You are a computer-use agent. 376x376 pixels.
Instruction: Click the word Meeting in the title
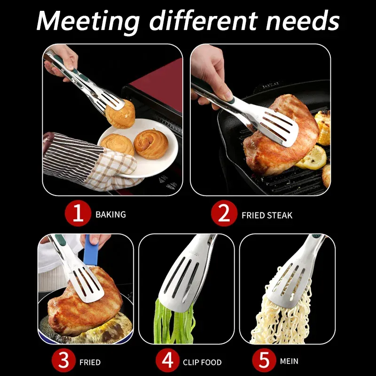(88, 22)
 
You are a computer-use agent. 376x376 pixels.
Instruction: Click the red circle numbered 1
(78, 213)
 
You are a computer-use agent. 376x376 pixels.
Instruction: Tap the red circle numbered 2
(224, 213)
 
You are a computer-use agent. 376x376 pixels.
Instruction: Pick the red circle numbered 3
(63, 360)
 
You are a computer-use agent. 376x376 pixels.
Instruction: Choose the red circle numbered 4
(168, 360)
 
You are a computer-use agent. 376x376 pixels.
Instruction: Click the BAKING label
(110, 214)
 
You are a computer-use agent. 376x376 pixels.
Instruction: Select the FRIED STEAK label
(267, 215)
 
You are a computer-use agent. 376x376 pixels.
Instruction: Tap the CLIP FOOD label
(202, 362)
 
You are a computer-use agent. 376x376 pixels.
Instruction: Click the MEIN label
(289, 361)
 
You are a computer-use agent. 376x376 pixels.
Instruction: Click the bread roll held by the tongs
(120, 115)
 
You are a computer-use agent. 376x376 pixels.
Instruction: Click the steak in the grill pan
(281, 139)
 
